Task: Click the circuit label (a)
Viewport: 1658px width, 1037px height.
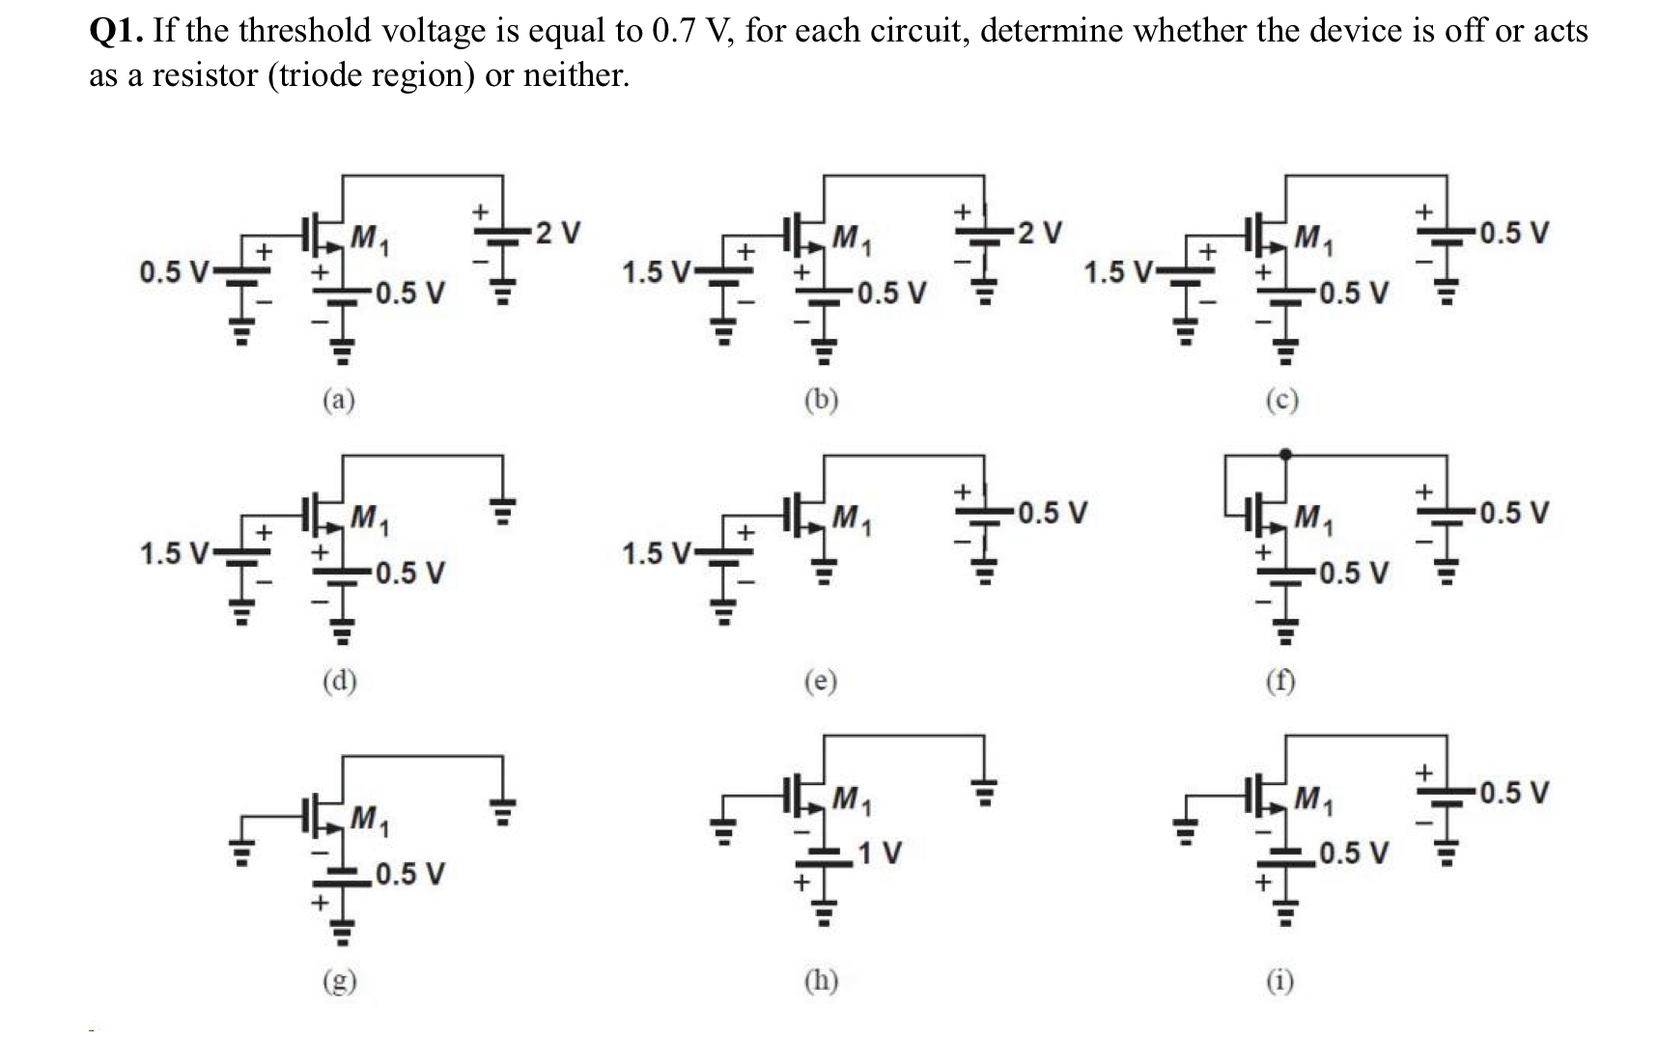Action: pos(338,400)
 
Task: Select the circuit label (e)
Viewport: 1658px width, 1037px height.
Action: pos(821,682)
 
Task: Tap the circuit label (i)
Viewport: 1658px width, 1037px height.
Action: pos(1281,980)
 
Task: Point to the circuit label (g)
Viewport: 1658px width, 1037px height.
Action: pos(338,981)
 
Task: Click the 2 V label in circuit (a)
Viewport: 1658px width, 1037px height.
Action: pos(559,233)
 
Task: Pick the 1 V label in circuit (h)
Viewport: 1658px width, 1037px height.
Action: pos(879,853)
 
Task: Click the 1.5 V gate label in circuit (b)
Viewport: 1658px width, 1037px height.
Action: pos(657,272)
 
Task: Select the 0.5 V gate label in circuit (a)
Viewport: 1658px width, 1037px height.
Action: pos(175,272)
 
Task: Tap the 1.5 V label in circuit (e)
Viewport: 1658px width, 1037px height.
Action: pos(657,554)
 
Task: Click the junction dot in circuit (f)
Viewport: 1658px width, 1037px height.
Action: pos(1284,454)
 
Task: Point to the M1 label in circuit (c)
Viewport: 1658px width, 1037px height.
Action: pos(1314,238)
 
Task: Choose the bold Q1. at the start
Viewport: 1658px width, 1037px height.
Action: pos(118,31)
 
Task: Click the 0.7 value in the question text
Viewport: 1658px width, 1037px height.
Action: pos(673,31)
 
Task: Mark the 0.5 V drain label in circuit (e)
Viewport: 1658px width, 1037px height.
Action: pos(1053,512)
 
